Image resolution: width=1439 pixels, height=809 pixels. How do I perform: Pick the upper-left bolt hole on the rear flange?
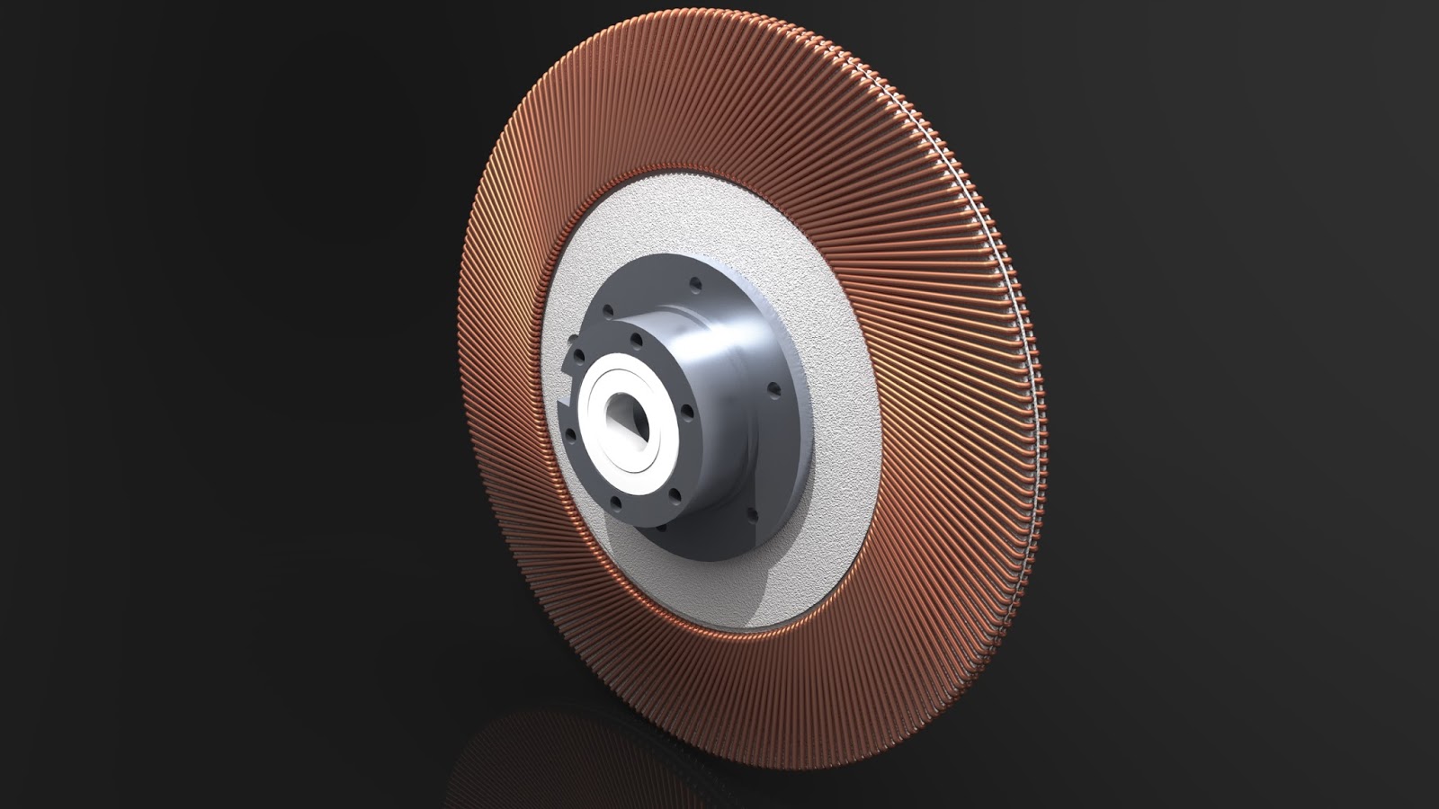pos(608,311)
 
